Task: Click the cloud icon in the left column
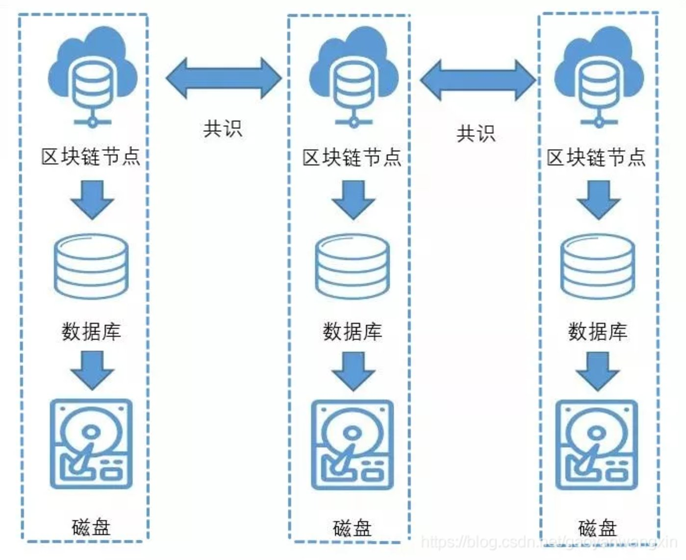92,76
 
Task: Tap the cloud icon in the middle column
354,76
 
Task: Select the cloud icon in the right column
598,76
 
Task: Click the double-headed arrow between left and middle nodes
224,78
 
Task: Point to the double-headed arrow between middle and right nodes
478,80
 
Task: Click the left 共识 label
223,129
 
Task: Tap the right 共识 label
476,133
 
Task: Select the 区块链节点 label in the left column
91,157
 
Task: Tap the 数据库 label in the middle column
352,332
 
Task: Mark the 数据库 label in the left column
91,332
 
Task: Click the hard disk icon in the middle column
353,445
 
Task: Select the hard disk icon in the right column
596,445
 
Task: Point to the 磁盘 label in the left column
91,527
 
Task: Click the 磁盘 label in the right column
597,528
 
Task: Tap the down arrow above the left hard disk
92,370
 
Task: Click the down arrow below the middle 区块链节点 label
353,199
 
